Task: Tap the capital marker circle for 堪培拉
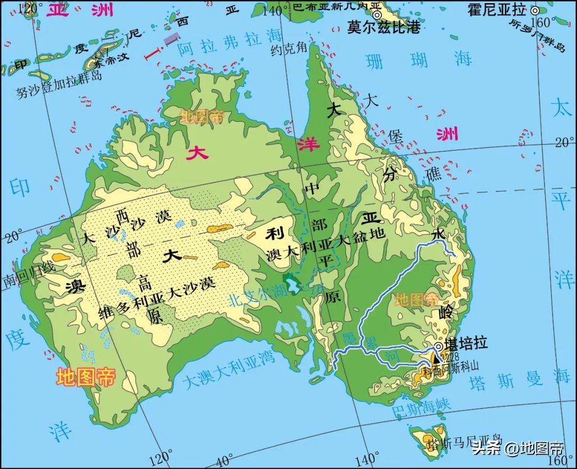coord(439,347)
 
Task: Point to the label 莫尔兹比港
coord(384,27)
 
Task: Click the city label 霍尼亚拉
coord(497,10)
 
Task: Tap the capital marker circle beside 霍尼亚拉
coord(535,10)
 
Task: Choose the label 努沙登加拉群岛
coord(59,75)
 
